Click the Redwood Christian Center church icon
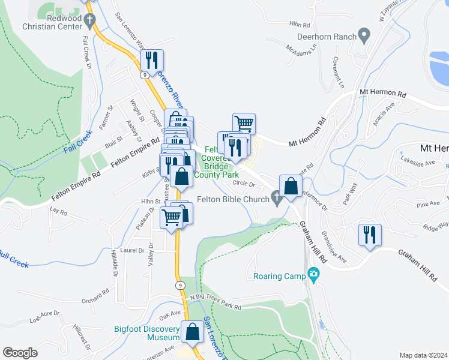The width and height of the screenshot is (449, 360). (90, 20)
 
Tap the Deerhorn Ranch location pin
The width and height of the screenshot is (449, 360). (364, 35)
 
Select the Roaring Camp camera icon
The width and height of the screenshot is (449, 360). (313, 275)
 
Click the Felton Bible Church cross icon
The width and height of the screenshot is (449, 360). (277, 198)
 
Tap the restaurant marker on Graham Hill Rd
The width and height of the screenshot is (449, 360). (369, 233)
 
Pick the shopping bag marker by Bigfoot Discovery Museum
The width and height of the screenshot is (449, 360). (193, 332)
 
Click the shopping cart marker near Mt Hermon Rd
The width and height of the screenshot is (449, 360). (244, 123)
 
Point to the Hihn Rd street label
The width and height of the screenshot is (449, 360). (298, 25)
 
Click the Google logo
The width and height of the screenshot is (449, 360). (20, 353)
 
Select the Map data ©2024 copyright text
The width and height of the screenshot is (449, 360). (423, 355)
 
